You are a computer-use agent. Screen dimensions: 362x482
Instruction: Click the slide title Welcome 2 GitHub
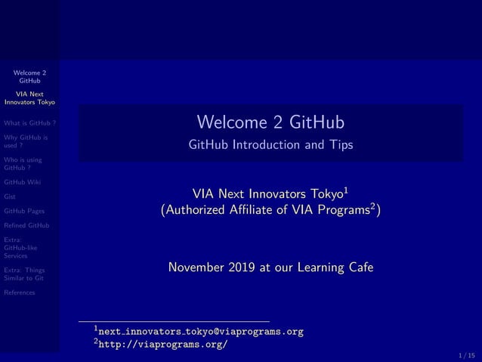(270, 122)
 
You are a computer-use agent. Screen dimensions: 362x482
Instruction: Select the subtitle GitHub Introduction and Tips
(270, 144)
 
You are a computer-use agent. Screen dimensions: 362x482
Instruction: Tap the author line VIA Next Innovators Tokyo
(270, 192)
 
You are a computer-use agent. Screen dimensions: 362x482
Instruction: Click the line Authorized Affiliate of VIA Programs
(270, 210)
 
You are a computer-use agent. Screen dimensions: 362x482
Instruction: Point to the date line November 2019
(270, 267)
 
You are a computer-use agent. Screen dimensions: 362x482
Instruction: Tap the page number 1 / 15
(466, 354)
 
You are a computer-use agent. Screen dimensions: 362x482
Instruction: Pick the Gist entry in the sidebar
(11, 196)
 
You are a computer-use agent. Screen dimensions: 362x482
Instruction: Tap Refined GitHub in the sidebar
(27, 225)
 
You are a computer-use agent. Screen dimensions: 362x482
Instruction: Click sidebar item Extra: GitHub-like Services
(21, 247)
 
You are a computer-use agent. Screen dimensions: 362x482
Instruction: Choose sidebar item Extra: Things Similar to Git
(25, 274)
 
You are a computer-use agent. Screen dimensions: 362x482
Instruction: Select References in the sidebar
(20, 292)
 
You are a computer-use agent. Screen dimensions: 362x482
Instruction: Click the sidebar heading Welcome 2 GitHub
(30, 76)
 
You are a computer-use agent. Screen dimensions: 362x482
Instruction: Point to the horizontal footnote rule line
(174, 321)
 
